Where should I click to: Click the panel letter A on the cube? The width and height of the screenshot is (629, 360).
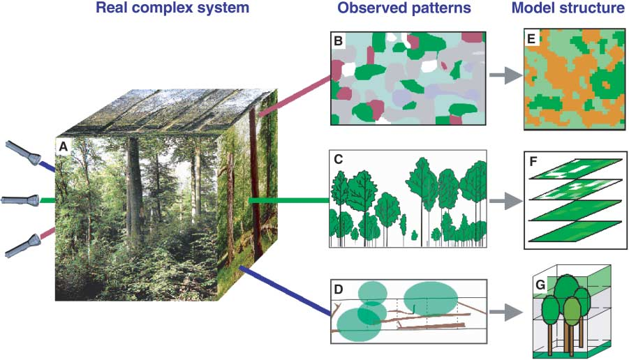(64, 148)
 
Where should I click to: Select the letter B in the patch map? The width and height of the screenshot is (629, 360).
(338, 41)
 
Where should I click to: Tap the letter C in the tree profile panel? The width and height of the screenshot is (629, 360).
(338, 159)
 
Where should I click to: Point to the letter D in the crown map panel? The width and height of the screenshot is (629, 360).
(339, 289)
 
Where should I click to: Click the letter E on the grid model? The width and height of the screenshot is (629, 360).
(532, 40)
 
